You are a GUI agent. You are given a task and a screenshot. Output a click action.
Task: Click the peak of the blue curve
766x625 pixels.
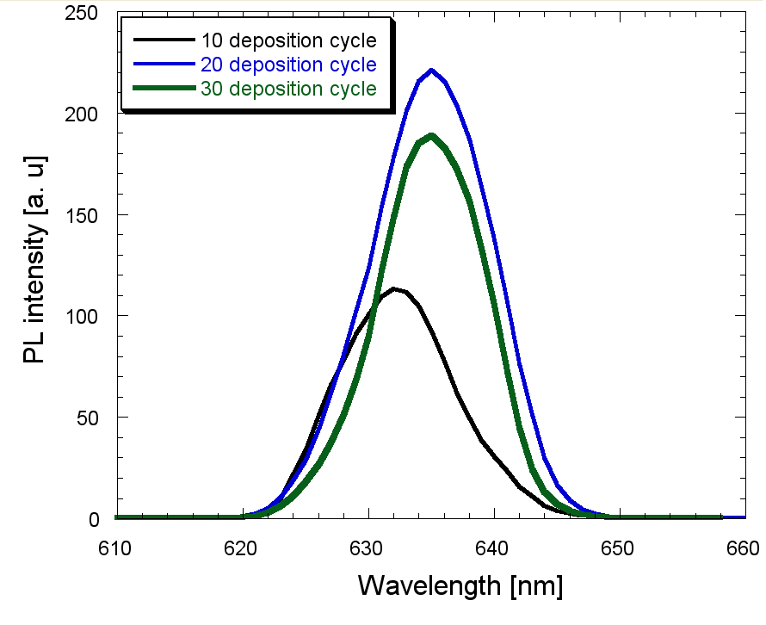tap(431, 71)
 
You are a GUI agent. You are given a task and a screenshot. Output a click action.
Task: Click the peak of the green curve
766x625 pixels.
tap(431, 135)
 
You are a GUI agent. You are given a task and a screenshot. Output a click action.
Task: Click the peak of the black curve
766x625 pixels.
tap(394, 288)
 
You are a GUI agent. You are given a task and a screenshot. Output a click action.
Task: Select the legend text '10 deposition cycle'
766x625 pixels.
tap(287, 40)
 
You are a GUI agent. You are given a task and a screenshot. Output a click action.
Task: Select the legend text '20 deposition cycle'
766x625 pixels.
tap(287, 65)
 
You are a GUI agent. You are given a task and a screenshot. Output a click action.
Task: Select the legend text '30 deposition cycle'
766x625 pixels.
tap(287, 89)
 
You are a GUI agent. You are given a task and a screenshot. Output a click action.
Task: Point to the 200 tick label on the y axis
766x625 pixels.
tap(79, 114)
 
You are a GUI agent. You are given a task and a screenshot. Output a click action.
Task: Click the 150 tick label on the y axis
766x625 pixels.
tap(79, 215)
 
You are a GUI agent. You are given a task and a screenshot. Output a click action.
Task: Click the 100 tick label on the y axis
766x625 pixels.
tap(79, 316)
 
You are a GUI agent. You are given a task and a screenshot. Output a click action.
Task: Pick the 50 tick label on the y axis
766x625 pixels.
tap(84, 418)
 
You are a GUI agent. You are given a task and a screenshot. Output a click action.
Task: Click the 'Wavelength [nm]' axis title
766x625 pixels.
tap(460, 586)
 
